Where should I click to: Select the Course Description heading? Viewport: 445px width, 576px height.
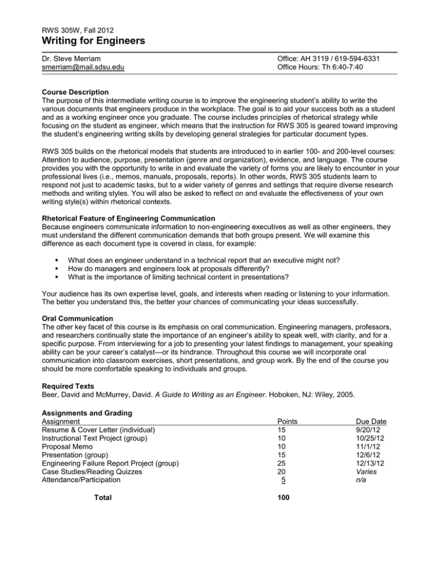point(79,92)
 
